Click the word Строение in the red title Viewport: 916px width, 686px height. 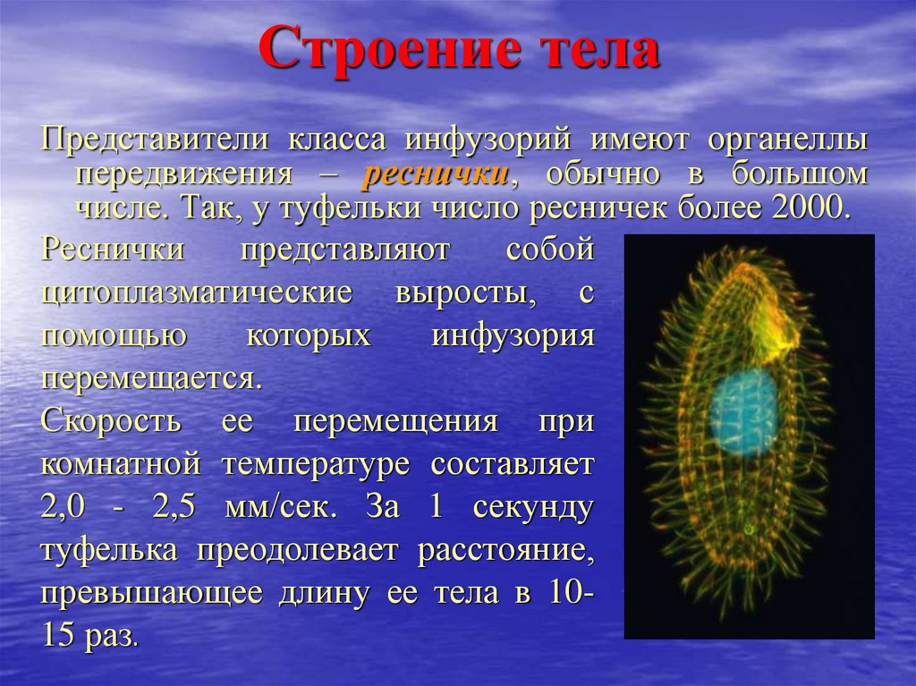[x=389, y=49]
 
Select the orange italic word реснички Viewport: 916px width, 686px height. [x=436, y=175]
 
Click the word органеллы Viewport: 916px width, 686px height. [x=788, y=141]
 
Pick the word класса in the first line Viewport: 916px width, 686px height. [x=337, y=140]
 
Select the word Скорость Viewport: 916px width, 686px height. [x=111, y=420]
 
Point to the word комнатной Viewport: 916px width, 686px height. [x=121, y=464]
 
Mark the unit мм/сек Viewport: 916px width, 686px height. [x=281, y=507]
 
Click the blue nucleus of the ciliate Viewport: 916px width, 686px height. [x=743, y=412]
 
